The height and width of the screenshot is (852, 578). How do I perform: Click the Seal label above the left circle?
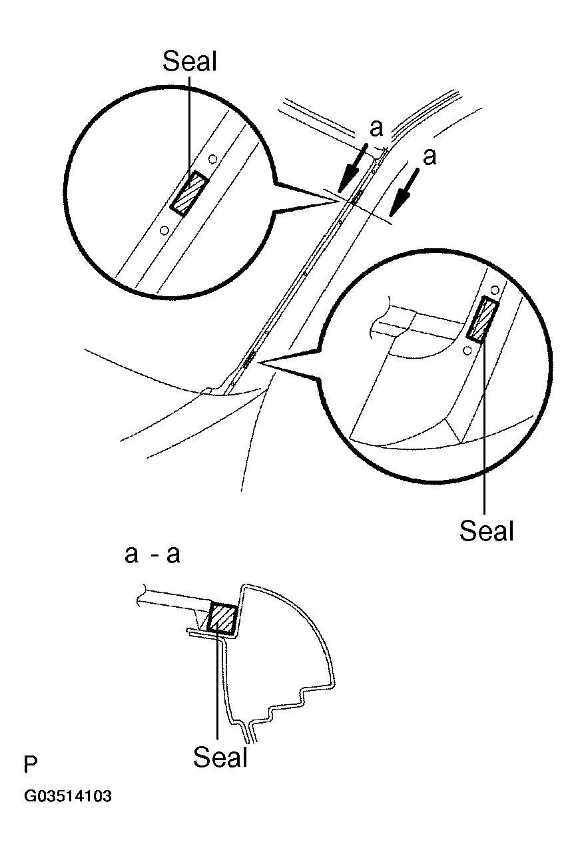click(x=190, y=62)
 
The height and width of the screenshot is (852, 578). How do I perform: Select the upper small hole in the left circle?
click(x=212, y=159)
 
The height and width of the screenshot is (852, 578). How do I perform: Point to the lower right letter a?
click(x=430, y=156)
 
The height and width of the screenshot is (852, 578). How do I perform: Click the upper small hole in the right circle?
click(x=495, y=291)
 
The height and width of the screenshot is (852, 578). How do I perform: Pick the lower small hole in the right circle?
click(x=467, y=349)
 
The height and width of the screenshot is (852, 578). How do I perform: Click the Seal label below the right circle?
click(x=487, y=531)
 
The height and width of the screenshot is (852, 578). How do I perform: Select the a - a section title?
click(x=152, y=554)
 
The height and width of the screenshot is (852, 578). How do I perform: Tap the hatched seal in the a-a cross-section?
click(x=222, y=618)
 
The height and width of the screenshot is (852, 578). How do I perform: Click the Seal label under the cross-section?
click(x=220, y=757)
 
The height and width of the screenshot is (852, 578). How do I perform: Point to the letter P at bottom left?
click(x=30, y=765)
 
